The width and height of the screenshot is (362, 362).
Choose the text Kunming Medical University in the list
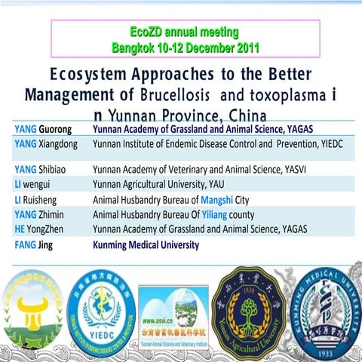[146, 244]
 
